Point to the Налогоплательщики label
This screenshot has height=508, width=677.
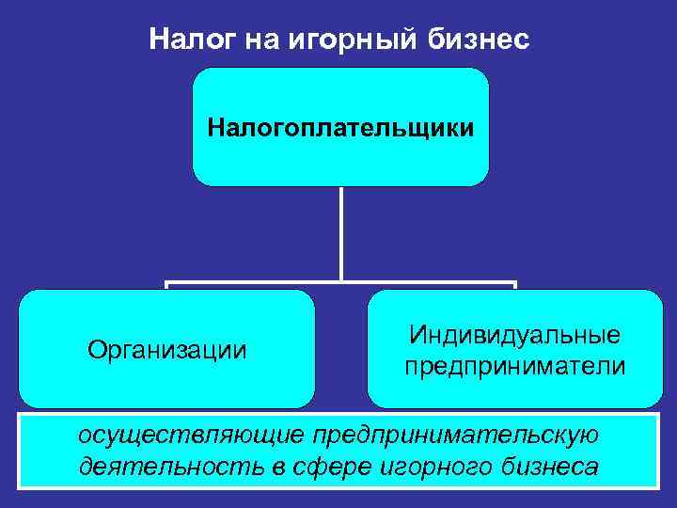[x=340, y=125]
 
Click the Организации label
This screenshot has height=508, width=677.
[x=166, y=350]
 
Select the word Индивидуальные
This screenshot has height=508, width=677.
[x=514, y=335]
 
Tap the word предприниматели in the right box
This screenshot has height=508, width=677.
[x=514, y=365]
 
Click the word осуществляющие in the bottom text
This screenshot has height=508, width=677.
[x=192, y=436]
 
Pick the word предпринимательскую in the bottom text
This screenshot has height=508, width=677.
[x=455, y=436]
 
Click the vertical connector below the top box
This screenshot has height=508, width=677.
[x=340, y=231]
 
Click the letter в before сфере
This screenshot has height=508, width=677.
[x=265, y=466]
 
